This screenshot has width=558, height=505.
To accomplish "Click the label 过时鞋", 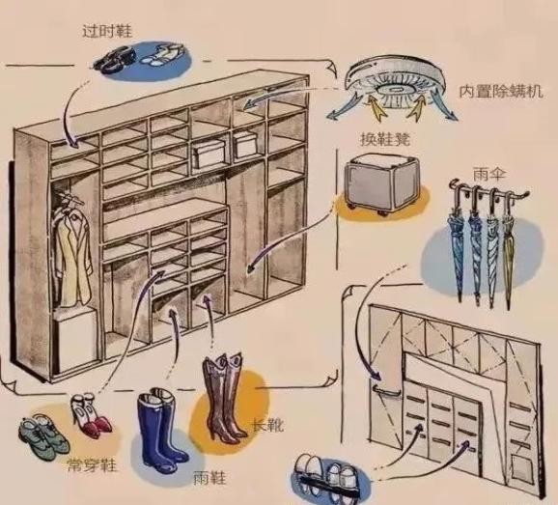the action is coord(107,31).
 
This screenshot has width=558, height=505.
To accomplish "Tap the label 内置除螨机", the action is coord(501,91).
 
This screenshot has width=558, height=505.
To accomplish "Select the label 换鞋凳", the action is coord(385,139).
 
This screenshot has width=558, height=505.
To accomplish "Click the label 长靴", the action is coord(267,424).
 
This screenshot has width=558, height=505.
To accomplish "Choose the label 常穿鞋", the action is coord(92,464).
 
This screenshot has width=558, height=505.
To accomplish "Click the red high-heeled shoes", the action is coord(92,414).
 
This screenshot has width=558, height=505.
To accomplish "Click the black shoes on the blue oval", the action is coord(115,60).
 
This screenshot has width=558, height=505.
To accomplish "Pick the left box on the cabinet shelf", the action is coord(209,154).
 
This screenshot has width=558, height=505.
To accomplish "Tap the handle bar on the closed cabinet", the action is coord(387,391).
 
